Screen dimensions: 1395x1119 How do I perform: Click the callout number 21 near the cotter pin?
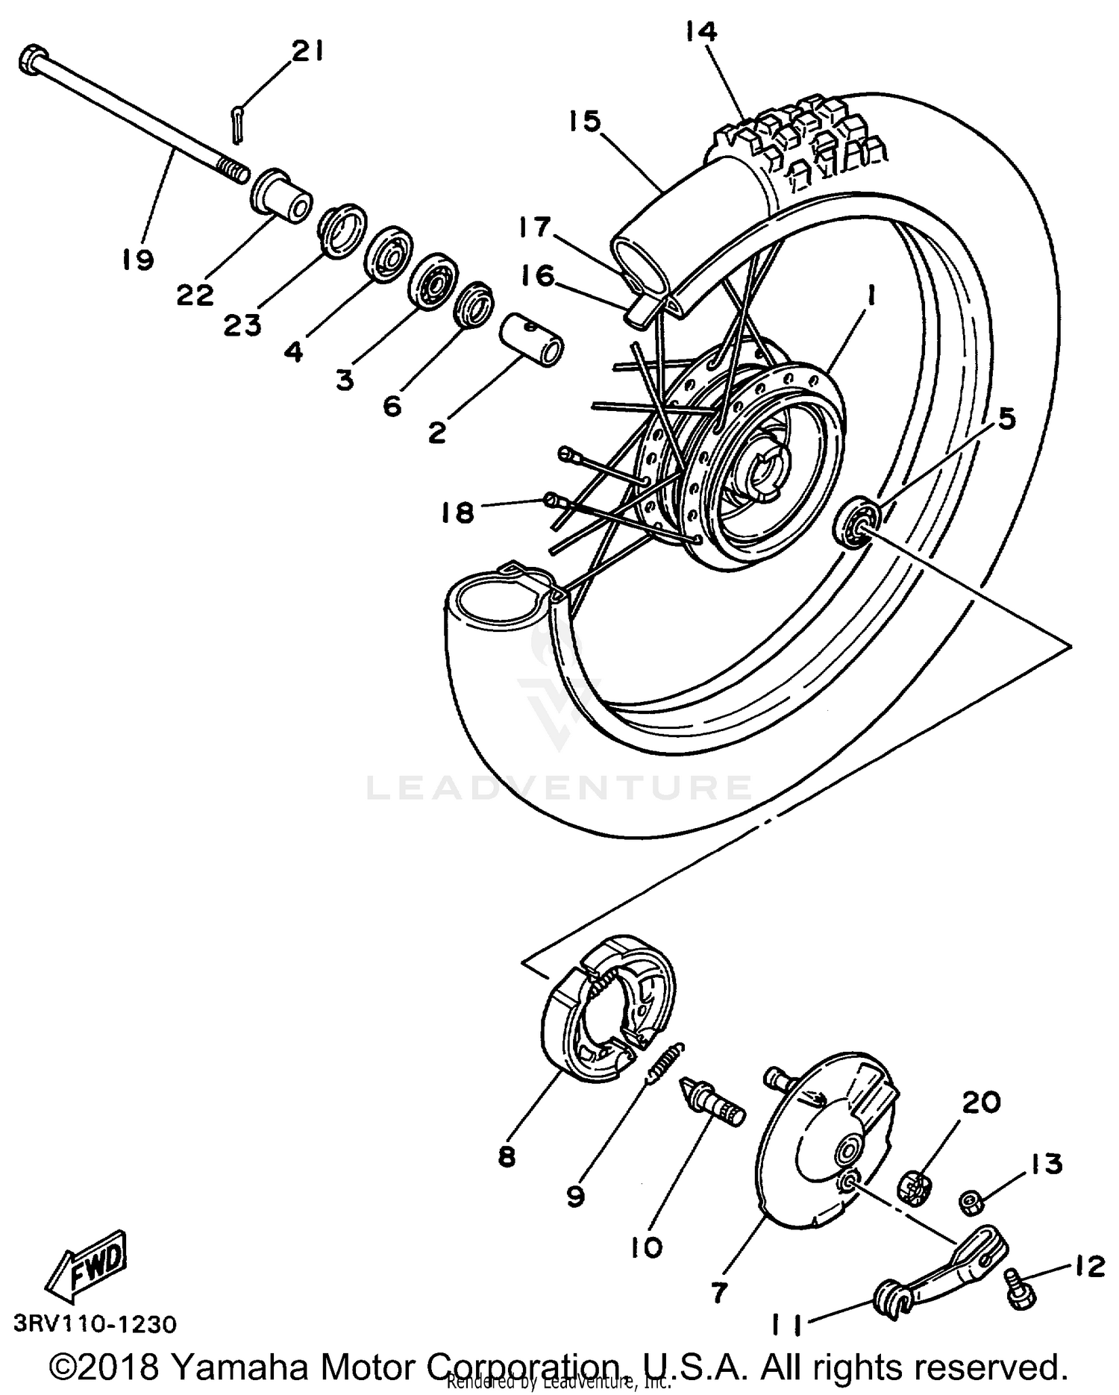pos(307,51)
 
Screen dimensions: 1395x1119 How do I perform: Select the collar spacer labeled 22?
pos(283,195)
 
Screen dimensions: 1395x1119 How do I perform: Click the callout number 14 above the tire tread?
pos(699,32)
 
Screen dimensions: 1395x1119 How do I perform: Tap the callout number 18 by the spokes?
pos(457,512)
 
